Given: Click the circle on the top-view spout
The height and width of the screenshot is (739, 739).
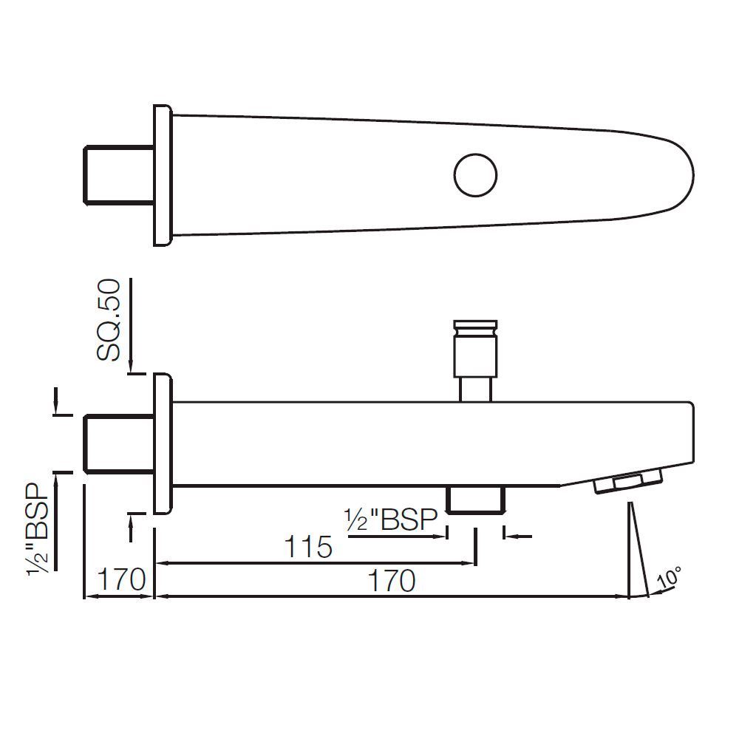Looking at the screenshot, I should click(x=475, y=175).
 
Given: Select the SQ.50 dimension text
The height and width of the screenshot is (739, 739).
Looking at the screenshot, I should click(x=109, y=319).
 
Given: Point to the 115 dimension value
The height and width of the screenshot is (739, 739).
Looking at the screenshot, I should click(x=309, y=548).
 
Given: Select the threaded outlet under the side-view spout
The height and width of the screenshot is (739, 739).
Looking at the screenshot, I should click(x=476, y=499).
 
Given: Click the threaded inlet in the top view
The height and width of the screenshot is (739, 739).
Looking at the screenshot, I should click(x=118, y=174).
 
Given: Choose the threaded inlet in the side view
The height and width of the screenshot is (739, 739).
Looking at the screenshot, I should click(x=118, y=443).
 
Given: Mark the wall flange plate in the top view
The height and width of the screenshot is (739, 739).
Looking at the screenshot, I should click(x=162, y=175).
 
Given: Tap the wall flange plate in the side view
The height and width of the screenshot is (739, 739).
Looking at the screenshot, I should click(x=162, y=444).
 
